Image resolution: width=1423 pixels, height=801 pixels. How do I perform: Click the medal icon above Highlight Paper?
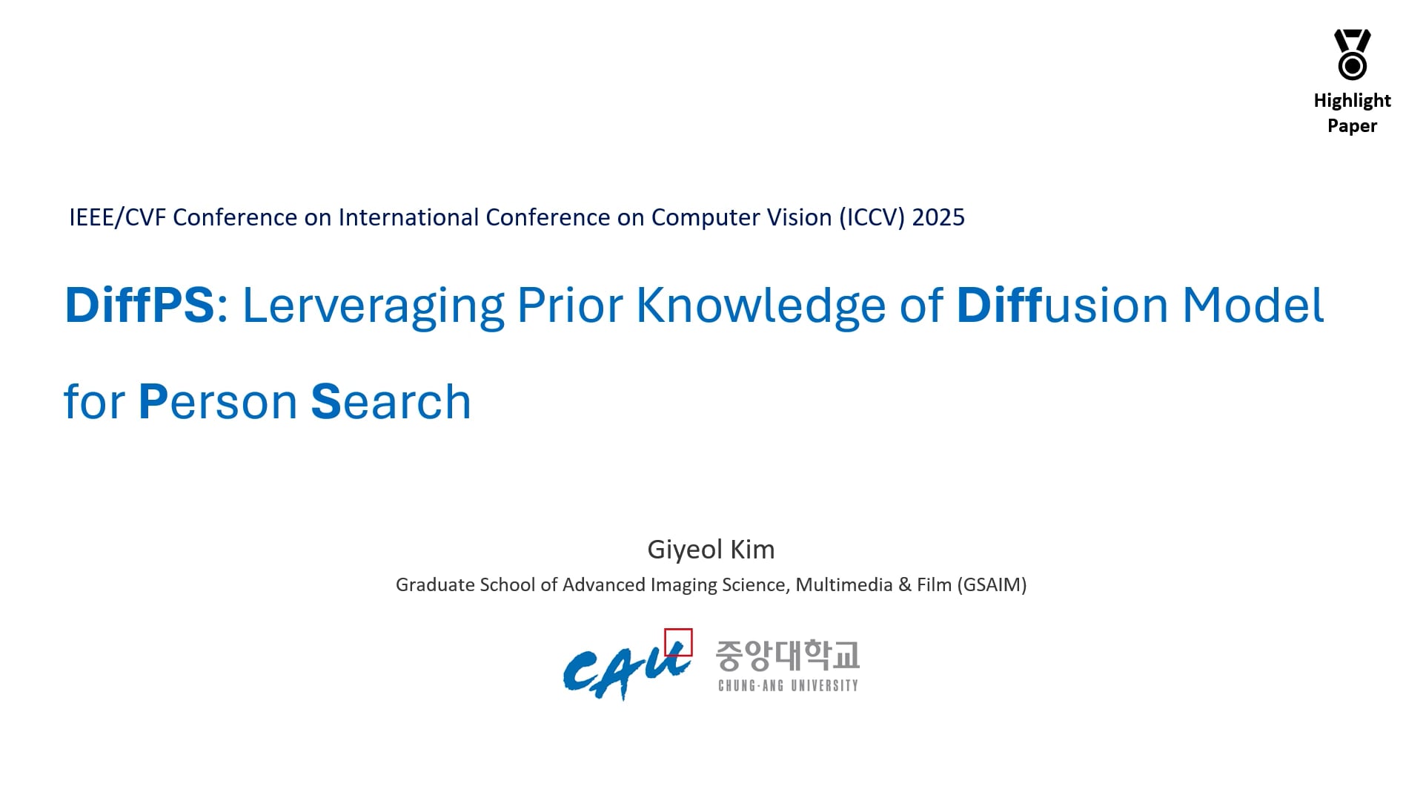pyautogui.click(x=1353, y=54)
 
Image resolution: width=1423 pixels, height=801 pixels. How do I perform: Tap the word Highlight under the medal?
pyautogui.click(x=1353, y=101)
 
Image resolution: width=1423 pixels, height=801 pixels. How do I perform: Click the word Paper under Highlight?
pyautogui.click(x=1353, y=126)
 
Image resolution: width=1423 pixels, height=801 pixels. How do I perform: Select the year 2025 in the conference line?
pyautogui.click(x=938, y=217)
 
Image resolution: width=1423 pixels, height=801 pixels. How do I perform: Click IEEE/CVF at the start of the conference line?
pyautogui.click(x=118, y=217)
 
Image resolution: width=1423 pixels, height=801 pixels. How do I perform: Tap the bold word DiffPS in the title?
pyautogui.click(x=139, y=305)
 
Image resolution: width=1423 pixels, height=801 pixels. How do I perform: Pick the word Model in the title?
pyautogui.click(x=1253, y=305)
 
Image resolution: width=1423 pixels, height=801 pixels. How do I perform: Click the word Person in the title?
pyautogui.click(x=218, y=402)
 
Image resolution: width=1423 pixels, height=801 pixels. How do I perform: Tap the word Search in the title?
pyautogui.click(x=391, y=402)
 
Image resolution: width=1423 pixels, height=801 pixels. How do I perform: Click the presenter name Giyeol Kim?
pyautogui.click(x=711, y=550)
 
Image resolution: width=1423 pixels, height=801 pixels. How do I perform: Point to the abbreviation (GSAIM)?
pyautogui.click(x=992, y=585)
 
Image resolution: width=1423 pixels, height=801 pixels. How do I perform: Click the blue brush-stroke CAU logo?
pyautogui.click(x=627, y=670)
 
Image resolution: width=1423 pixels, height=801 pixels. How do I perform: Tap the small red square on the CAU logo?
pyautogui.click(x=678, y=642)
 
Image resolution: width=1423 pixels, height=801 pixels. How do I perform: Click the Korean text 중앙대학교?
pyautogui.click(x=787, y=656)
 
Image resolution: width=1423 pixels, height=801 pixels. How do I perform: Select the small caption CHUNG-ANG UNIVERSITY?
pyautogui.click(x=788, y=686)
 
